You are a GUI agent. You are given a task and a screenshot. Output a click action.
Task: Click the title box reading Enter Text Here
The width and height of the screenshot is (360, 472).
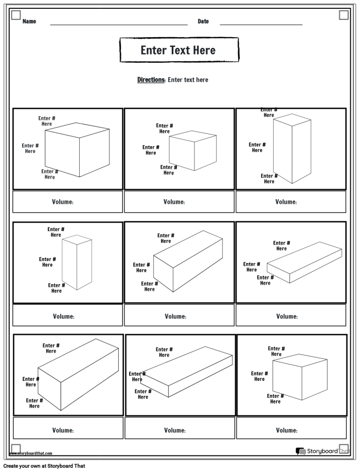pyautogui.click(x=178, y=50)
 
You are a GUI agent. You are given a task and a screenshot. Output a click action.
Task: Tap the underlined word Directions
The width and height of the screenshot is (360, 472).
pyautogui.click(x=151, y=80)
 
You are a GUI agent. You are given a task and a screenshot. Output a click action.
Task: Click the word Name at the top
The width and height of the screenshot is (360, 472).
pyautogui.click(x=29, y=22)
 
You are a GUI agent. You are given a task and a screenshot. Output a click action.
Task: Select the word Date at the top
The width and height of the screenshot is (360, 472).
pyautogui.click(x=203, y=22)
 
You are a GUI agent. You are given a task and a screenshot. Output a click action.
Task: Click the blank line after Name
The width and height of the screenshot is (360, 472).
pyautogui.click(x=118, y=24)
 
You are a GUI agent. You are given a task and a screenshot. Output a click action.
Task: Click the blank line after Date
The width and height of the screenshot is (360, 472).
pyautogui.click(x=261, y=24)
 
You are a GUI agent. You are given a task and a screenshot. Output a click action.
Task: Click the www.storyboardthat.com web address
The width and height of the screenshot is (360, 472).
pyautogui.click(x=31, y=453)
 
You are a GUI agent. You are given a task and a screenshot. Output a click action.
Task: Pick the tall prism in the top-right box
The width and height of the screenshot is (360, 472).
pyautogui.click(x=292, y=149)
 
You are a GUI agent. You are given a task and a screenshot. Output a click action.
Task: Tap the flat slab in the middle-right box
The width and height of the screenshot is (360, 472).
pyautogui.click(x=303, y=262)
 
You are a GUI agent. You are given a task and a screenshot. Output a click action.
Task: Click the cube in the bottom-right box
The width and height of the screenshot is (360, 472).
pyautogui.click(x=300, y=379)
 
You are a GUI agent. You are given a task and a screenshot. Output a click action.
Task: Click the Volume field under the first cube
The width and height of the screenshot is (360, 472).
pyautogui.click(x=67, y=202)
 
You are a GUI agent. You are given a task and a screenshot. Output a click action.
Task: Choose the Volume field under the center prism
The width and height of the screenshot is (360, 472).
pyautogui.click(x=179, y=316)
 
